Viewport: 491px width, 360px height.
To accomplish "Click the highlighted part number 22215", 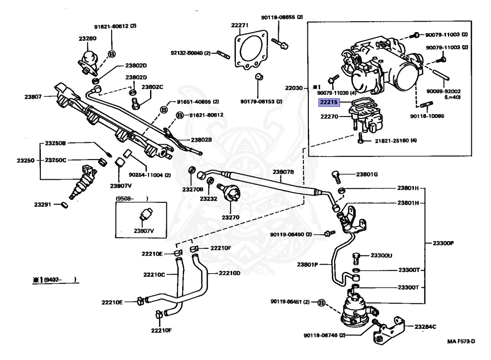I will click(329, 102).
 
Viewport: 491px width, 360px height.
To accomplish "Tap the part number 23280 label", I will click(87, 38).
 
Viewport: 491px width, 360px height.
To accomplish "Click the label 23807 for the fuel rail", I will click(34, 96).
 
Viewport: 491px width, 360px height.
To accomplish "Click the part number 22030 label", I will click(294, 88).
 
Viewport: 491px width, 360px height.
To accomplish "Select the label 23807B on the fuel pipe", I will click(283, 172).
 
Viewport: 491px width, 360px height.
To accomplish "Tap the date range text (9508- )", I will click(131, 198).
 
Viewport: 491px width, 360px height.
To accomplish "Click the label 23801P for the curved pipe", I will click(308, 265).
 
